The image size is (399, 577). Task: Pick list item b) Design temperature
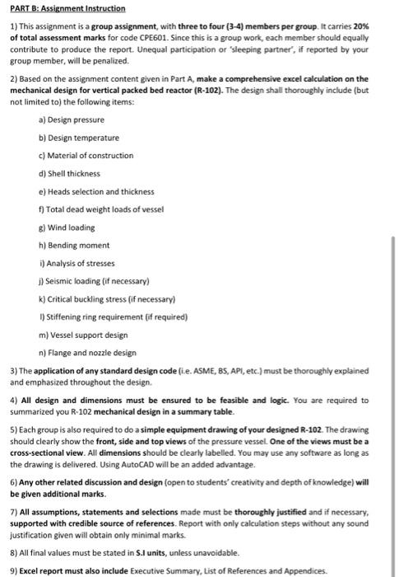coord(78,137)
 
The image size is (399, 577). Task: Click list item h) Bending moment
coord(72,246)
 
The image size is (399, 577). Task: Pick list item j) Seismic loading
coord(90,281)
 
